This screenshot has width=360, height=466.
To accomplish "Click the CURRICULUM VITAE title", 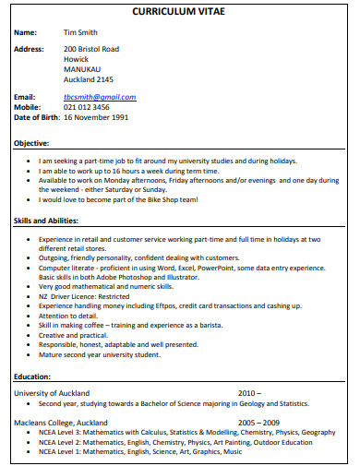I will (179, 12).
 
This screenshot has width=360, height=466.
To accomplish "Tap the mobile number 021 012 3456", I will (91, 107).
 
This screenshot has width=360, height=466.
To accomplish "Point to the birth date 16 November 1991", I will (95, 117).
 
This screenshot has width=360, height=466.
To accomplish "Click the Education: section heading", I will (32, 376).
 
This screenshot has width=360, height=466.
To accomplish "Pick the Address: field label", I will (30, 48).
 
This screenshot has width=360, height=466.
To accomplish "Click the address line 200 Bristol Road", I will (91, 48).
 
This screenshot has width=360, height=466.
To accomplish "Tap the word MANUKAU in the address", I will (83, 68).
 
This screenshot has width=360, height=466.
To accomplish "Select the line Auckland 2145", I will (90, 78).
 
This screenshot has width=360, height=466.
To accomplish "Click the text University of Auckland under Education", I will (54, 393).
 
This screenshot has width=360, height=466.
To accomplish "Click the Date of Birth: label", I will (36, 117).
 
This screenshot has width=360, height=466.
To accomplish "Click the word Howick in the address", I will (77, 58).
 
